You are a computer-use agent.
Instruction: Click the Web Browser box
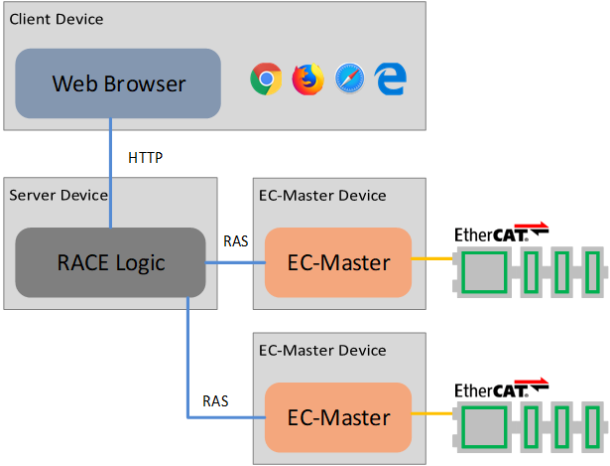click(x=118, y=83)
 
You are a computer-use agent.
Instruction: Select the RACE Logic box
click(x=109, y=263)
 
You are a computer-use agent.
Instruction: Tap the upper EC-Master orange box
click(x=338, y=263)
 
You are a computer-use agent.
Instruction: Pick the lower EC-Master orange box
click(x=338, y=417)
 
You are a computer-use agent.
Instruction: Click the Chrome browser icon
click(x=266, y=78)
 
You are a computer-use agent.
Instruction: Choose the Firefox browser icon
click(x=307, y=78)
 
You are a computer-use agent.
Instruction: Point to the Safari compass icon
click(x=349, y=78)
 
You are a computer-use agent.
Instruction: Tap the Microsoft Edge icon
click(x=391, y=79)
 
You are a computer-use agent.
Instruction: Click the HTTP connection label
click(x=145, y=158)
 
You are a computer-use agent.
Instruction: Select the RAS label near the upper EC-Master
click(x=236, y=239)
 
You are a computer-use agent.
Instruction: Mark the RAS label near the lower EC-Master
click(x=215, y=401)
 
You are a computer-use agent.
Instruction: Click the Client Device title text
click(x=56, y=19)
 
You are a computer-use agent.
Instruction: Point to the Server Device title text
click(x=58, y=195)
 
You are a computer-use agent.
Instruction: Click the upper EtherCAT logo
click(x=500, y=234)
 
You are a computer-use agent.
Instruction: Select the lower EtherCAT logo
click(x=500, y=388)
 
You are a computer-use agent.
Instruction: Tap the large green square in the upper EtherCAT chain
click(x=483, y=268)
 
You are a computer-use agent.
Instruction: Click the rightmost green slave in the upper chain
click(x=593, y=268)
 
